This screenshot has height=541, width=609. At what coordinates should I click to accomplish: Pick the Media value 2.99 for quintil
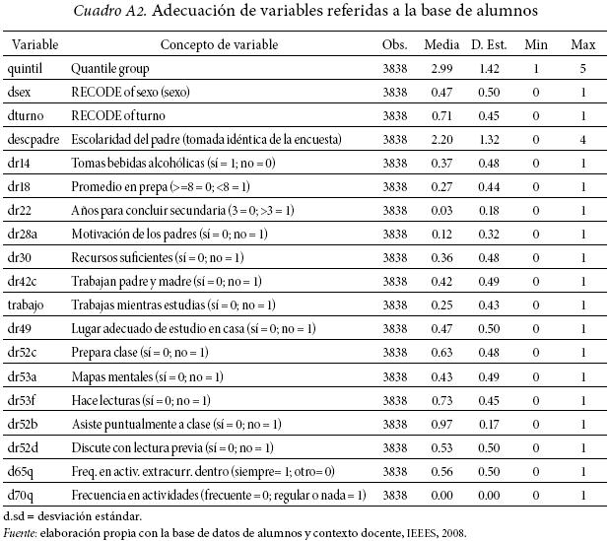click(x=440, y=70)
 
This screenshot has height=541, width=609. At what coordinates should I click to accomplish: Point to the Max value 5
click(x=583, y=70)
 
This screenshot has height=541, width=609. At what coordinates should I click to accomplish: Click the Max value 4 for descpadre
click(x=583, y=140)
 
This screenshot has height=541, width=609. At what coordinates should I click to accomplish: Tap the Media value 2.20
click(x=440, y=140)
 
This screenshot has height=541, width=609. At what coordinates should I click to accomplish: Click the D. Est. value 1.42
click(x=489, y=70)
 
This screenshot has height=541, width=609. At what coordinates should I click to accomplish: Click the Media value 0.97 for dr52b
click(x=440, y=424)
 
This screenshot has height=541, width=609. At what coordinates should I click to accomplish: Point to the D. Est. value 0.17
click(x=489, y=424)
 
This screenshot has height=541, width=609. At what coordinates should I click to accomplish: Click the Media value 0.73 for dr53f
click(x=440, y=400)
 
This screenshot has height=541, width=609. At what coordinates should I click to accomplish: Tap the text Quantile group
click(x=110, y=70)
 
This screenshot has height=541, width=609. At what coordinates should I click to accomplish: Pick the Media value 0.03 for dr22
click(x=440, y=211)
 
